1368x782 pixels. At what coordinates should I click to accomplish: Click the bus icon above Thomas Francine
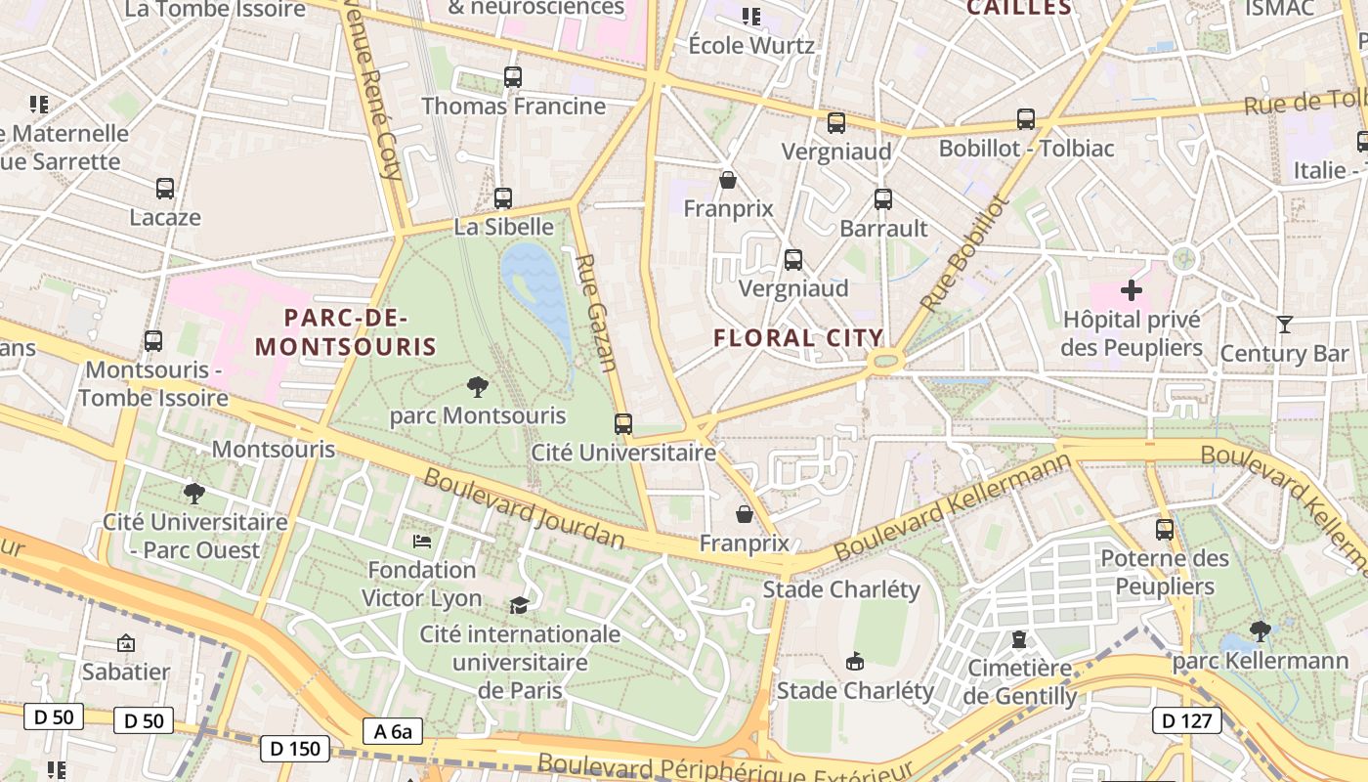(513, 77)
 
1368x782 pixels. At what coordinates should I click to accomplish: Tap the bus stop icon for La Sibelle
(503, 198)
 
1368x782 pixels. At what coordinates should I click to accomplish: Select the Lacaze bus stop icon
(165, 189)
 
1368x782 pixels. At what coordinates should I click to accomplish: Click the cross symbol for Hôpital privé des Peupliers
(1132, 290)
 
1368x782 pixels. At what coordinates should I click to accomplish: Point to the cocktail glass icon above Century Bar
(1285, 325)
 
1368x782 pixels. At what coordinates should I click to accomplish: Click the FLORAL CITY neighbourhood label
(798, 338)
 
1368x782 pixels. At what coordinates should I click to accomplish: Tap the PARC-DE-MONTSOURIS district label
(346, 332)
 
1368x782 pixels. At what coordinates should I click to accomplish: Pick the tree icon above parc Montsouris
(477, 387)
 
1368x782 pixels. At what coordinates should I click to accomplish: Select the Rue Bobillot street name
(962, 253)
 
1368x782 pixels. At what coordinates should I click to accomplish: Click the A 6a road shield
(393, 731)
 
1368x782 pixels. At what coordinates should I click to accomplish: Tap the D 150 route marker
(294, 749)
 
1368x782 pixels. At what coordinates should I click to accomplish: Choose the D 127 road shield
(1187, 721)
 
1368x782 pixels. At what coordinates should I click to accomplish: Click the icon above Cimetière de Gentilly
(1019, 639)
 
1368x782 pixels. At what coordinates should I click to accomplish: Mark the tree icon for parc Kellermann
(1261, 632)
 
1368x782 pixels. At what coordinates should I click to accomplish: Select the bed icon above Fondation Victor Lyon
(422, 541)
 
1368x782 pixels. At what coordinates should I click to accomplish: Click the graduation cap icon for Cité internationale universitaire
(519, 605)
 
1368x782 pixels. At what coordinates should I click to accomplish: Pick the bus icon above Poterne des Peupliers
(1164, 530)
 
